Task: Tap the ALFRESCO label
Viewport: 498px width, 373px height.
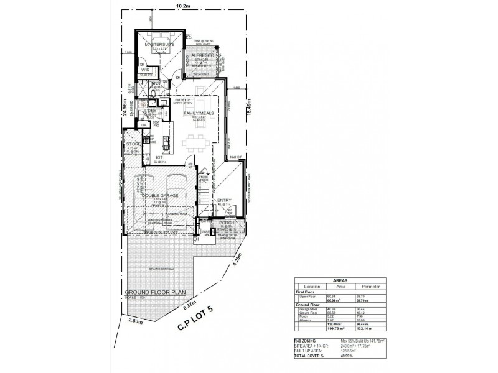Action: coord(204,56)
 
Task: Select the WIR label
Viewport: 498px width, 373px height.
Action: coord(145,71)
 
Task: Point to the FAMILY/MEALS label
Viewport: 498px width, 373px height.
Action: coord(199,113)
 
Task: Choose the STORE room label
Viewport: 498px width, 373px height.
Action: coord(134,144)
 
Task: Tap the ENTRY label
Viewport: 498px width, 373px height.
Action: coord(224,200)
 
